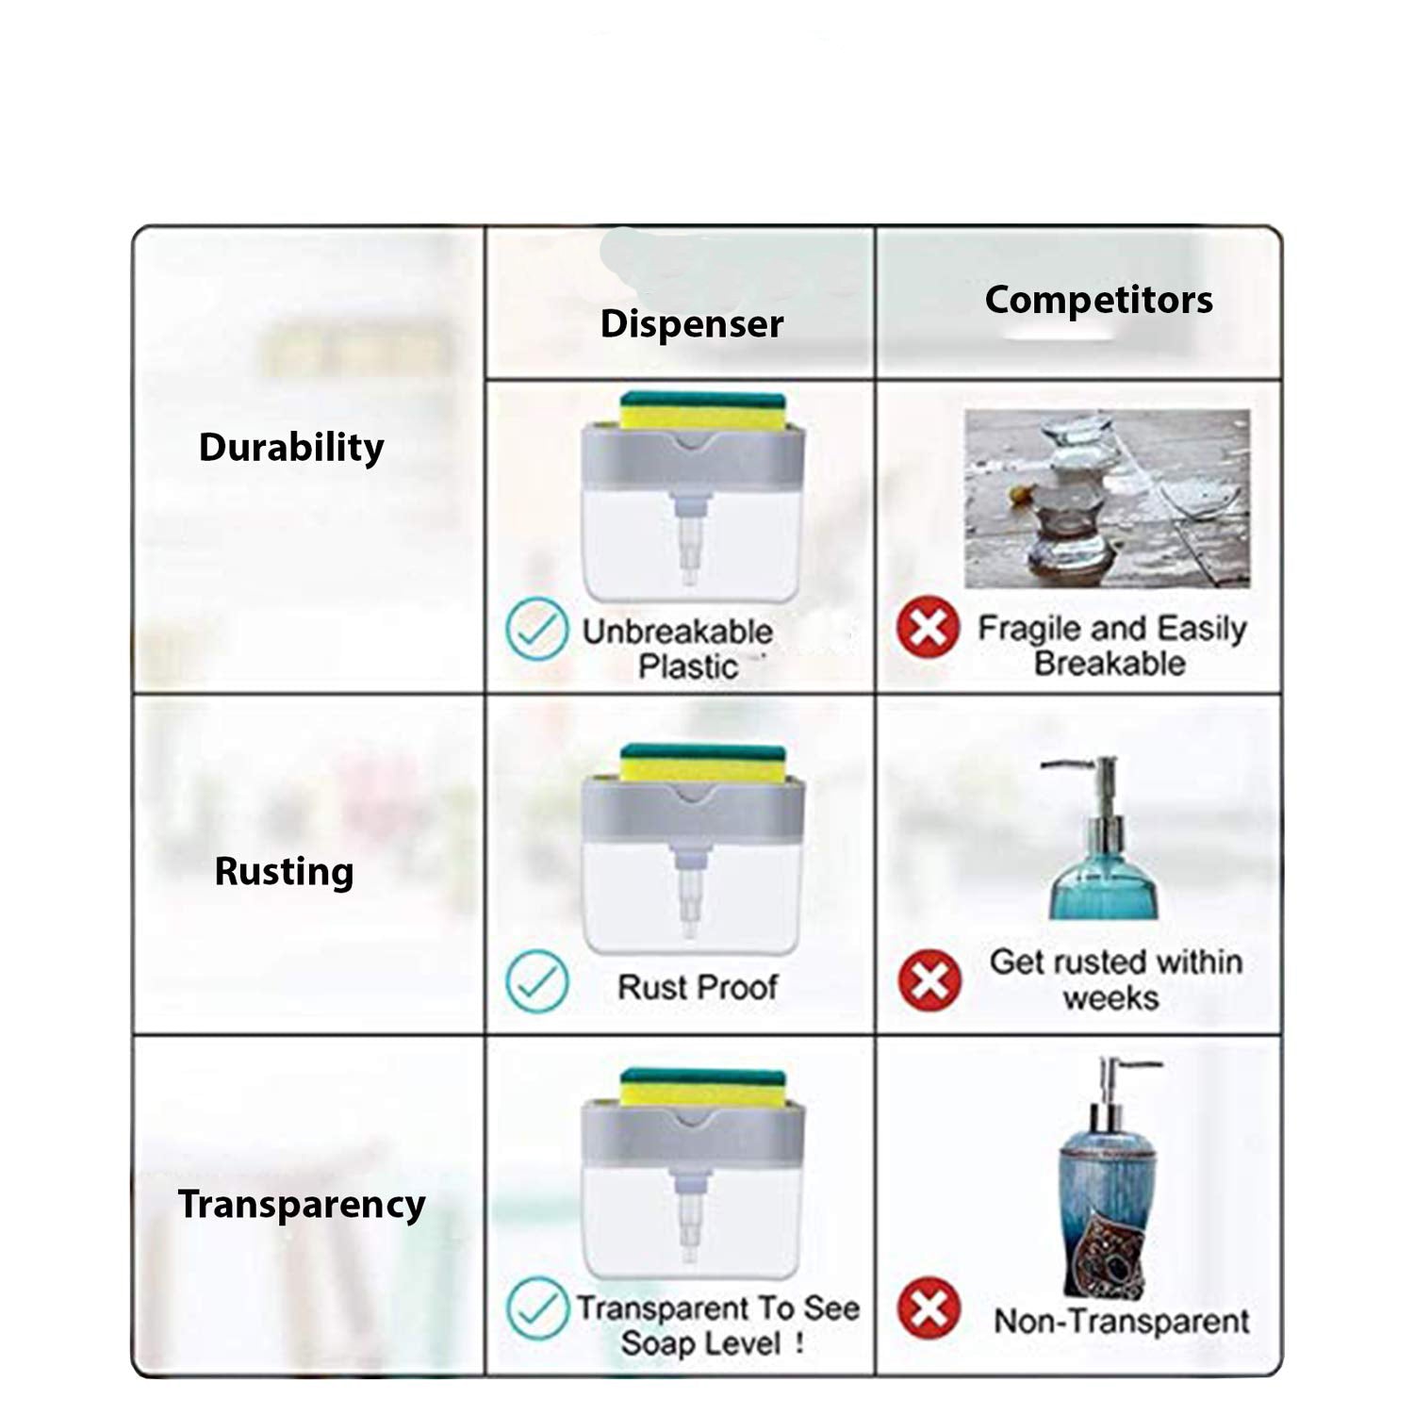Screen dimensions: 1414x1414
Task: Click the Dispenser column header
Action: click(x=692, y=324)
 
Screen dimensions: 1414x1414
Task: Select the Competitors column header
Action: click(x=1099, y=300)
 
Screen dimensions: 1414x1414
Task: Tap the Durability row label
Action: click(x=291, y=447)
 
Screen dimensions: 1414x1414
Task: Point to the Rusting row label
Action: click(x=284, y=871)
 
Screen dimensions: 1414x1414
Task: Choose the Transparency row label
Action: click(x=302, y=1205)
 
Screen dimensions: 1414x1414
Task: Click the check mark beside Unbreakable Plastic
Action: click(x=536, y=629)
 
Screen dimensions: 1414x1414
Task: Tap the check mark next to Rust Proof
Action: click(x=536, y=981)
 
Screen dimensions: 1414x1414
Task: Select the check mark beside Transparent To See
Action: click(x=537, y=1307)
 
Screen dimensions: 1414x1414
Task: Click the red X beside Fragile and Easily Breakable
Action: click(x=929, y=628)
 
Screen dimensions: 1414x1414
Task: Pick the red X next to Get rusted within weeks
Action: click(x=929, y=980)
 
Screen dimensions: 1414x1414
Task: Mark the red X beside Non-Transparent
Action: click(x=929, y=1308)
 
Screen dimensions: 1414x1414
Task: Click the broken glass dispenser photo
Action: click(x=1108, y=499)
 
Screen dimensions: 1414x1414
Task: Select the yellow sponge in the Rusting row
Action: click(x=702, y=766)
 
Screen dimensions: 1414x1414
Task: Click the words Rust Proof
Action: click(x=698, y=987)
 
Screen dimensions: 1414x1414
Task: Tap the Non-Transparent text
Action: click(x=1122, y=1321)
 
